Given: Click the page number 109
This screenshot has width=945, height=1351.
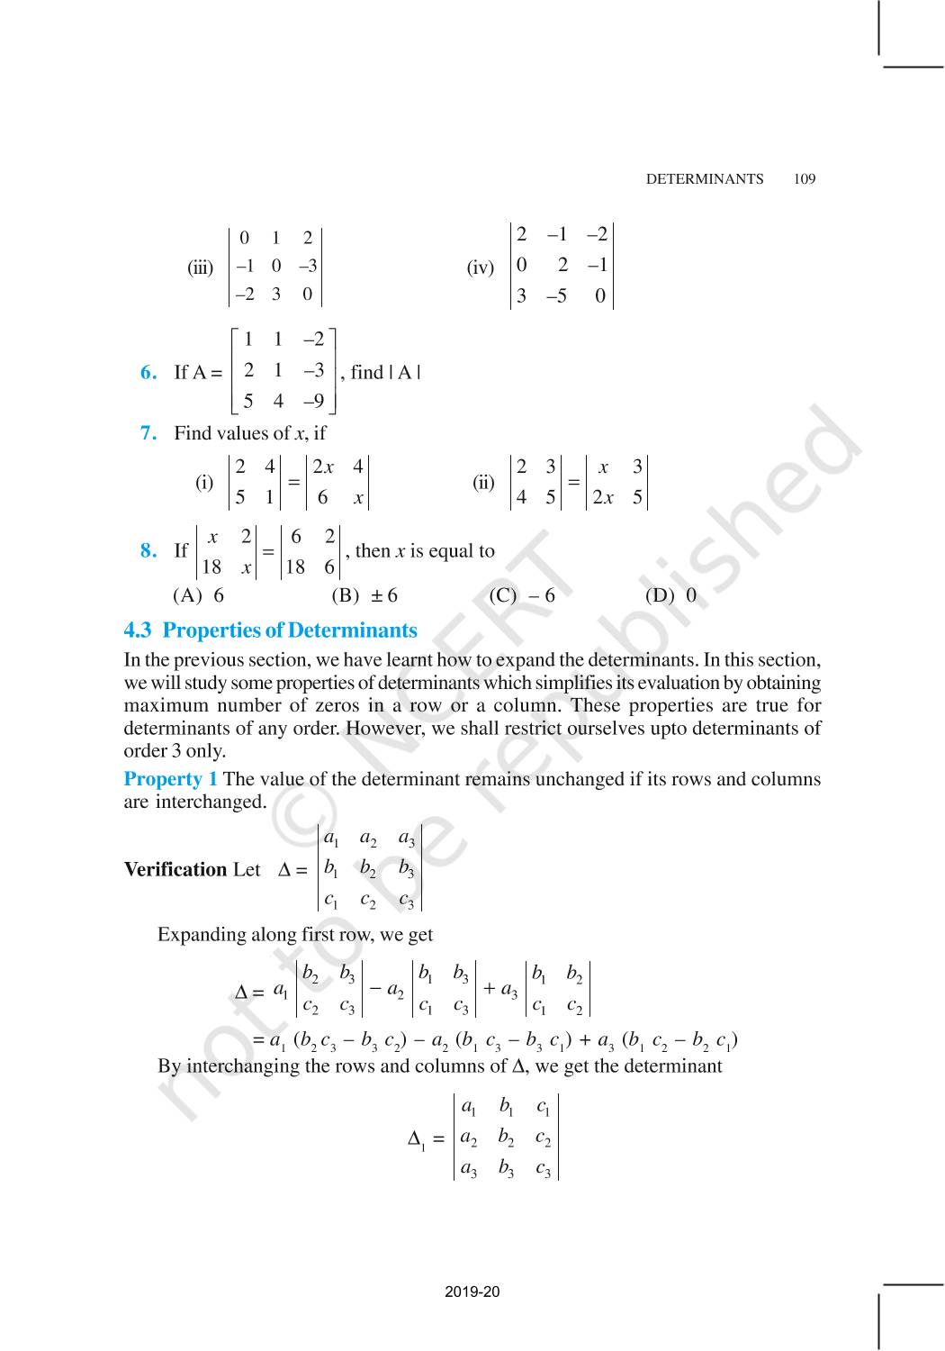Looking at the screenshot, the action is pyautogui.click(x=805, y=178).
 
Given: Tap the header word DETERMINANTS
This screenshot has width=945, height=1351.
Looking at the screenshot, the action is pyautogui.click(x=704, y=178).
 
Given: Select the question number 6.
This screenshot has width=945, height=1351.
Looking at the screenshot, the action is pyautogui.click(x=148, y=372).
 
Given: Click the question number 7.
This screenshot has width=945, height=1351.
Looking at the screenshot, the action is pyautogui.click(x=148, y=433).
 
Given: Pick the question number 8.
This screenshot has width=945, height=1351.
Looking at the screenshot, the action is pyautogui.click(x=148, y=550).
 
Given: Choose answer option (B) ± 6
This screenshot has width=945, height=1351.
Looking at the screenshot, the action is pyautogui.click(x=364, y=595).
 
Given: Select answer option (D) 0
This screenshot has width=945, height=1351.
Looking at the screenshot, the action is pyautogui.click(x=670, y=595).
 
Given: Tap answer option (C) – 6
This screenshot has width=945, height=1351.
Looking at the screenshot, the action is pyautogui.click(x=522, y=595).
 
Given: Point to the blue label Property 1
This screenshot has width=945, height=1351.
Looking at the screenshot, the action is pyautogui.click(x=170, y=779).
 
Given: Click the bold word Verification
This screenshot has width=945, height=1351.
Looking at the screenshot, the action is pyautogui.click(x=175, y=869).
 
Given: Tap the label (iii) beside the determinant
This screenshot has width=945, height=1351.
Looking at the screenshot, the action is pyautogui.click(x=200, y=267).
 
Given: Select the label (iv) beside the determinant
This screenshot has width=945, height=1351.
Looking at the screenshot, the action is pyautogui.click(x=480, y=267).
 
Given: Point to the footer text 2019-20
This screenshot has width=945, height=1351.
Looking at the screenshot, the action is pyautogui.click(x=472, y=1292).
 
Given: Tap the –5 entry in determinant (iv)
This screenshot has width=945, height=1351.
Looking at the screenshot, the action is pyautogui.click(x=556, y=296).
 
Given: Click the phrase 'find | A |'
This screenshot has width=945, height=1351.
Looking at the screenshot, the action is pyautogui.click(x=385, y=372).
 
